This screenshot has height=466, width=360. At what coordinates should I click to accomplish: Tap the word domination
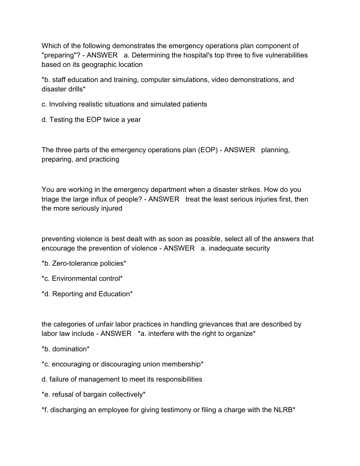click(69, 349)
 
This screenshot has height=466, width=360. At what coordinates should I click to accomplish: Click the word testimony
click(177, 410)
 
